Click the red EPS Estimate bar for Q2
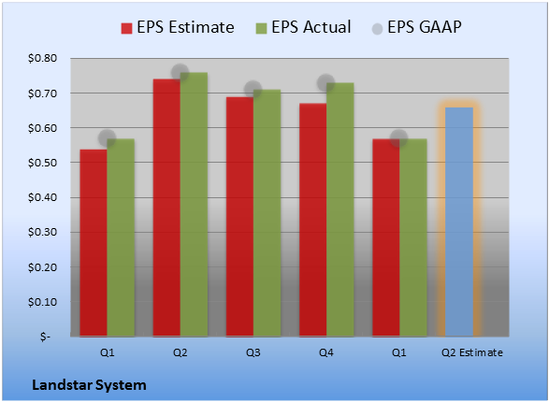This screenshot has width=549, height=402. click(166, 208)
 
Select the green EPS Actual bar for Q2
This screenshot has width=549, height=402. click(194, 205)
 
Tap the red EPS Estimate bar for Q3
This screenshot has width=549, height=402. click(239, 217)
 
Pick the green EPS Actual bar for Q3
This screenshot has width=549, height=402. click(267, 213)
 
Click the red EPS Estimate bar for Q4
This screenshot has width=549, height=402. click(313, 220)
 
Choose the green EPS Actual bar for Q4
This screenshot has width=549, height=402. click(340, 209)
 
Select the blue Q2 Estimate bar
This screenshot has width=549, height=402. click(459, 222)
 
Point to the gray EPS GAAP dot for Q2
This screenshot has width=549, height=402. click(181, 73)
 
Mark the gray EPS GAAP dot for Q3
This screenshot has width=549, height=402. click(253, 90)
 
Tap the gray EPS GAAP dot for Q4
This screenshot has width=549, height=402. click(326, 83)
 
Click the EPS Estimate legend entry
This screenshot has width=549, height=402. click(178, 27)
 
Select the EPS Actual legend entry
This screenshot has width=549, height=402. click(303, 27)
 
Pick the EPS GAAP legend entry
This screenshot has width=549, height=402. click(416, 27)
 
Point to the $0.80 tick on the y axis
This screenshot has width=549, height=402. click(42, 58)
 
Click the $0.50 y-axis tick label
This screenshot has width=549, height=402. click(42, 163)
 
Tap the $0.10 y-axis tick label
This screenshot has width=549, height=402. click(42, 302)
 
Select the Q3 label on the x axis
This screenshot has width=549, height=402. click(253, 352)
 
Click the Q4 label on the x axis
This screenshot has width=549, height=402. click(326, 352)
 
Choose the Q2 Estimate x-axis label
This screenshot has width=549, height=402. click(472, 352)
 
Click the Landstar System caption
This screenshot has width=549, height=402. click(89, 385)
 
